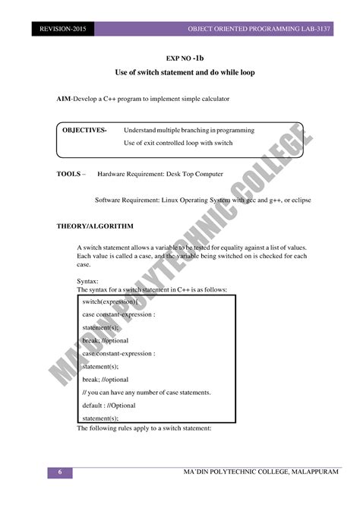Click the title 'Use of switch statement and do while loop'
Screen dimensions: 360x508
[185, 72]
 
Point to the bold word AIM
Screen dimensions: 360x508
[64, 99]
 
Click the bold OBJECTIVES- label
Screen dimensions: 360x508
[84, 130]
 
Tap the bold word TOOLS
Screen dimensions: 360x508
[69, 174]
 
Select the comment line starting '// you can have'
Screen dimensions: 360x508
[146, 392]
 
